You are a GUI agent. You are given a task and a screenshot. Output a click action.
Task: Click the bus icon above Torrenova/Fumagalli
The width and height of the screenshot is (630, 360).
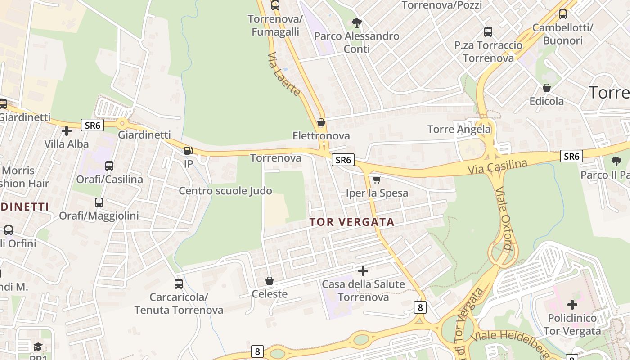[x=275, y=5]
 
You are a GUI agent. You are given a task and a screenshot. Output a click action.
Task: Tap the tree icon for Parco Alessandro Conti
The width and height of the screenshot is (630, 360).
[x=356, y=22]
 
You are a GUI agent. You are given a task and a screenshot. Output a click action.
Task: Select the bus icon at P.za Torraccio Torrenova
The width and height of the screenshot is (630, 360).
[x=488, y=32]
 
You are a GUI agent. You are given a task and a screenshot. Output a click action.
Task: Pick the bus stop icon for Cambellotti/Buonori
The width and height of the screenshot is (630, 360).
[x=562, y=14]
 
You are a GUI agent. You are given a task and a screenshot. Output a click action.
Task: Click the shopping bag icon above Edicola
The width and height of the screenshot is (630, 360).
[x=546, y=88]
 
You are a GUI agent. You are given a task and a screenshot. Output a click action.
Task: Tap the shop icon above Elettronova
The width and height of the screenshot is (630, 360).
[x=321, y=122]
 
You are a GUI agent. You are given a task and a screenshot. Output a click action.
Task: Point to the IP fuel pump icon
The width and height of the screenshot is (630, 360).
[x=188, y=151]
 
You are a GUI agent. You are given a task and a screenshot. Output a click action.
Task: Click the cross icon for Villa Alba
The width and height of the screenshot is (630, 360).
[x=67, y=131]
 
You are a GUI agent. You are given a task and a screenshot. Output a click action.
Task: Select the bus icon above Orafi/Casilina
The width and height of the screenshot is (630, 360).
[x=109, y=166]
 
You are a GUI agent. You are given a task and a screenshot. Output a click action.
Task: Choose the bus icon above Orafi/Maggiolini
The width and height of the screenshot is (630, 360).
[x=99, y=202]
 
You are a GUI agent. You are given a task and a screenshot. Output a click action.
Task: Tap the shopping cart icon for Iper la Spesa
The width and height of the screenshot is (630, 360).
[x=377, y=180]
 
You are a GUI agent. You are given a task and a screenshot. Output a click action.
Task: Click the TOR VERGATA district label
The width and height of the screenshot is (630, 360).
[x=352, y=222]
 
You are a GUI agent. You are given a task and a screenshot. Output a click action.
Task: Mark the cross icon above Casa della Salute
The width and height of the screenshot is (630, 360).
[x=363, y=271]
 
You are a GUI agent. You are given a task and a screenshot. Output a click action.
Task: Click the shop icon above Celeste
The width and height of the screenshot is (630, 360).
[x=269, y=281]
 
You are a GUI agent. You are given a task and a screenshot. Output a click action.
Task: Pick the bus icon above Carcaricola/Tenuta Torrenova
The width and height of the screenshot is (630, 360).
[x=179, y=284]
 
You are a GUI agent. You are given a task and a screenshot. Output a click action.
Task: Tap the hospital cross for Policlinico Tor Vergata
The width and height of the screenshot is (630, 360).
[x=572, y=305]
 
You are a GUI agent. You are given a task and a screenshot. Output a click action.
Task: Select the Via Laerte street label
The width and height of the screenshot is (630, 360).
[x=283, y=74]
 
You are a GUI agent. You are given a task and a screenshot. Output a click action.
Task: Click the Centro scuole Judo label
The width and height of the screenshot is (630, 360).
[x=225, y=191]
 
